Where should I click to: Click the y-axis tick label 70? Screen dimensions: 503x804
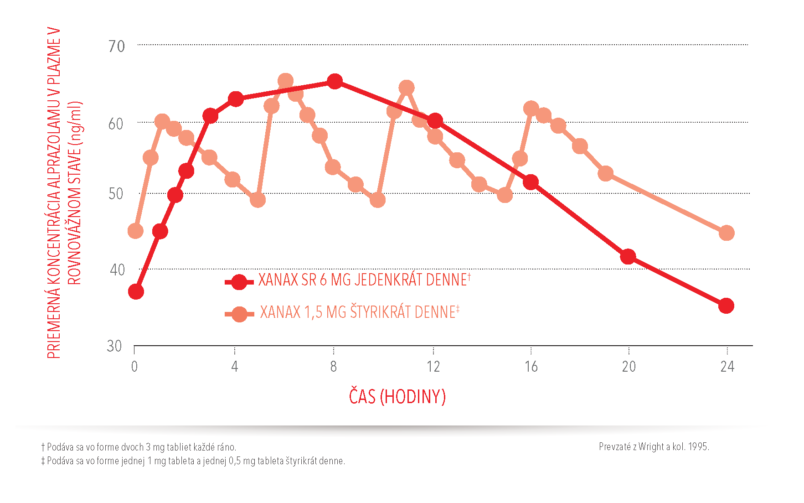coord(117,46)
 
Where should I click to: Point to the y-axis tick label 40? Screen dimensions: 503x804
coord(117,270)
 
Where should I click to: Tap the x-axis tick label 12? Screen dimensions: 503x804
coord(433,367)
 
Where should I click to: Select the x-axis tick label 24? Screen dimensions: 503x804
coord(727,367)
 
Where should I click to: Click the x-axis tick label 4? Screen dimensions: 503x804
coord(234,367)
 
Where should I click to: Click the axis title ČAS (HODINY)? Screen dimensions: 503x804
coord(397,396)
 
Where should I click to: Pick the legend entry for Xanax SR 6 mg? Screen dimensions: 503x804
coord(363,280)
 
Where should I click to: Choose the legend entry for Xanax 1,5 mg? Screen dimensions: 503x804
coord(359,312)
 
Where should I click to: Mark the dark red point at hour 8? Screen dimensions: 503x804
coord(335,82)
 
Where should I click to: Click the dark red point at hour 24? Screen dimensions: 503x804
coord(726,306)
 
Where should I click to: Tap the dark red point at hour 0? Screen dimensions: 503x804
coord(136,291)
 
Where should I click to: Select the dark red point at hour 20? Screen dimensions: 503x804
coord(628,256)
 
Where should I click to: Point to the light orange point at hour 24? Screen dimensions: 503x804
coord(726,233)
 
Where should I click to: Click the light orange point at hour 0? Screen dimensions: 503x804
coord(135,231)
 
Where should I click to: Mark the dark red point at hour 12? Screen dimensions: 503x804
coord(435,121)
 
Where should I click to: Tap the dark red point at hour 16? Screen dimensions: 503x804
coord(531,182)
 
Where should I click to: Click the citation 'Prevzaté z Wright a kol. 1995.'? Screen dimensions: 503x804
coord(654,447)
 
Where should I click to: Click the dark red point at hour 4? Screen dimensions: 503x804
coord(236,99)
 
